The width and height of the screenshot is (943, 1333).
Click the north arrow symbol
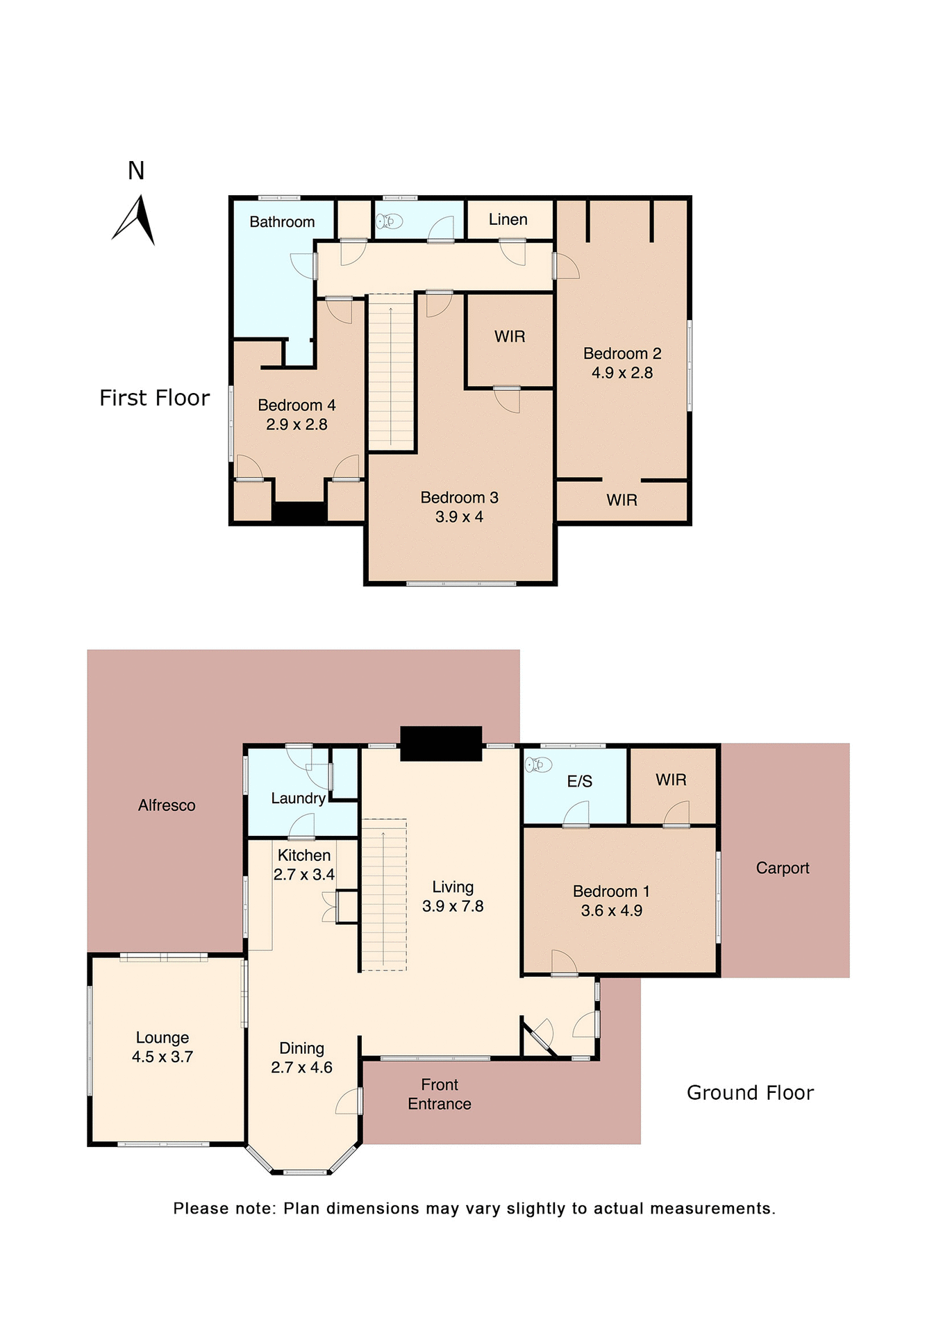[x=137, y=221]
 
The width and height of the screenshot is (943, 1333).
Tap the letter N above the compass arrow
[x=136, y=171]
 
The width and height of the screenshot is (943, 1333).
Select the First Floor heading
[x=154, y=398]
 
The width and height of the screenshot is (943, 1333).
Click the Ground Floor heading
[x=749, y=1093]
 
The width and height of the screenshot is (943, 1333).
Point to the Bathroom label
[x=282, y=222]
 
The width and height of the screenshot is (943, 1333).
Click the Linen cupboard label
[x=508, y=219]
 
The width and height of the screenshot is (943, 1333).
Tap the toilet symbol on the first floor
[x=390, y=221]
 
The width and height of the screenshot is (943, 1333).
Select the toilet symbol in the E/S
[x=538, y=765]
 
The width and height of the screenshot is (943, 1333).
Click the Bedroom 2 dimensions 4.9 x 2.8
[x=621, y=373]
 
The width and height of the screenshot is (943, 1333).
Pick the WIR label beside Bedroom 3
[x=509, y=337]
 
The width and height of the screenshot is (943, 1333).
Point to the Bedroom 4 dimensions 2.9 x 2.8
[x=297, y=424]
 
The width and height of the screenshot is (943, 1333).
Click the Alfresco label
[x=167, y=805]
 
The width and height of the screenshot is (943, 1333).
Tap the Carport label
[x=783, y=868]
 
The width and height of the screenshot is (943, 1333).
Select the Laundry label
[x=298, y=798]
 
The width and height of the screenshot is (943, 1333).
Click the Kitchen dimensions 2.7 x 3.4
[x=304, y=875]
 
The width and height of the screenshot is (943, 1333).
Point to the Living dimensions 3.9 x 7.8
[x=453, y=906]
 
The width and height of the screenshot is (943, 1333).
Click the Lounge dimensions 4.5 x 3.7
[x=162, y=1057]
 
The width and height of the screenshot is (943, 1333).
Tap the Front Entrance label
[x=439, y=1094]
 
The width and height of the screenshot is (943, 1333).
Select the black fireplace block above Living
[x=441, y=744]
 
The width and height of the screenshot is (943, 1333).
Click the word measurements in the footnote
[x=712, y=1209]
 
